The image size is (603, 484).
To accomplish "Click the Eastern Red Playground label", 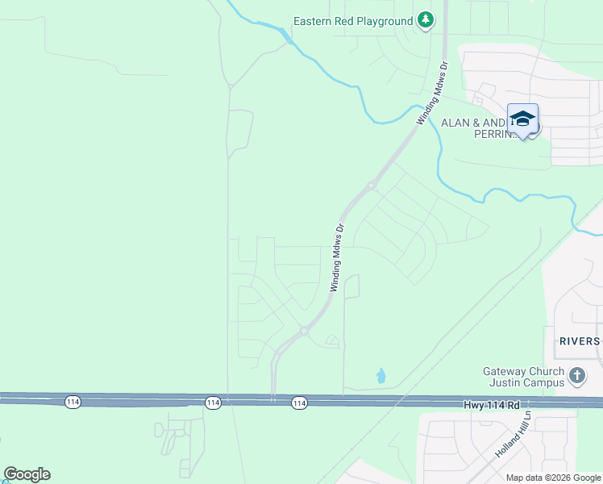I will point(352,21).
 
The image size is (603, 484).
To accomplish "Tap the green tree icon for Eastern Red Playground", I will point(426,21).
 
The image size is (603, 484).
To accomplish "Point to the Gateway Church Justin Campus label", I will point(523,377).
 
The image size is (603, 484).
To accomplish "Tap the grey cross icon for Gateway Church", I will point(576,376).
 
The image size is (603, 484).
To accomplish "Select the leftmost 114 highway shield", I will point(73,403).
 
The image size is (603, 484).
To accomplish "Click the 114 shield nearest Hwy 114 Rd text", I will point(299,403).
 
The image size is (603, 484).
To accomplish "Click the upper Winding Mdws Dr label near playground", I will point(432,91).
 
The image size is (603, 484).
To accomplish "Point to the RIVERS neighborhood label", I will point(579,341).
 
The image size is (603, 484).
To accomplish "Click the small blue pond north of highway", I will point(381,376).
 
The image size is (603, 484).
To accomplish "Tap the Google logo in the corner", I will point(27,474).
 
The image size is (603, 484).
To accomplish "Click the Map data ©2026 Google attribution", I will point(553,478).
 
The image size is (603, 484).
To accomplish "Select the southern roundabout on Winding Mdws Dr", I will point(304,330).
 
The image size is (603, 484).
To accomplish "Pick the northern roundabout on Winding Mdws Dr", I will point(371,186).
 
